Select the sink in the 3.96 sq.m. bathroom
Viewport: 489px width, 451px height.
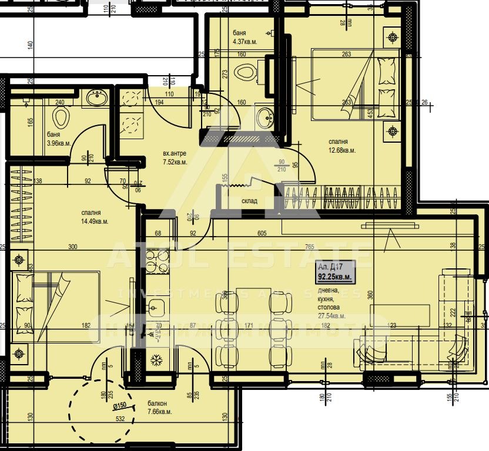click(x=96, y=98)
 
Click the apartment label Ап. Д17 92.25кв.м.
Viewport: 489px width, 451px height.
click(x=334, y=271)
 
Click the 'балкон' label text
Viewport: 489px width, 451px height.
click(x=157, y=404)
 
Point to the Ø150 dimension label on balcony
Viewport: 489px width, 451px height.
click(x=120, y=405)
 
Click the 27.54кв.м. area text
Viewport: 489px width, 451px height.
click(x=331, y=316)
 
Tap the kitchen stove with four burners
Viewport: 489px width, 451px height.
click(x=157, y=262)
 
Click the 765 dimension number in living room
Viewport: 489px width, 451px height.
click(x=326, y=247)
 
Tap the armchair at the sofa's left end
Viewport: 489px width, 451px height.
click(x=370, y=351)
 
